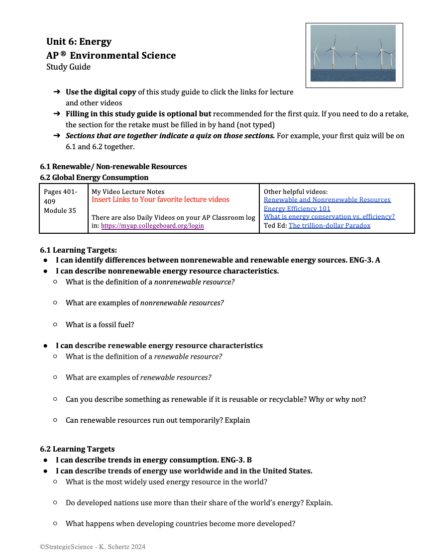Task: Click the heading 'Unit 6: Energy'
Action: (x=79, y=42)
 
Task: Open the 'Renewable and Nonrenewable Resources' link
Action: (x=327, y=200)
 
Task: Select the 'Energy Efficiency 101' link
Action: (x=297, y=208)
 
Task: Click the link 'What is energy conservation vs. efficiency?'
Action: (x=329, y=217)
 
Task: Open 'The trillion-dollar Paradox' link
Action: (x=329, y=225)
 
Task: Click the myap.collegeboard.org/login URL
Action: (x=152, y=225)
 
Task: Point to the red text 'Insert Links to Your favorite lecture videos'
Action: (x=160, y=199)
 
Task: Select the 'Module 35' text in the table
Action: (x=60, y=210)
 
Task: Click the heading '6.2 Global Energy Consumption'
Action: (x=94, y=178)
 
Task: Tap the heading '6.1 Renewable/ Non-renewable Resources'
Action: (x=113, y=167)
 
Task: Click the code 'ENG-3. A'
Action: (x=365, y=260)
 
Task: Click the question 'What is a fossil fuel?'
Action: (x=100, y=325)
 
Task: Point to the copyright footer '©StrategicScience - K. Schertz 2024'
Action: (x=93, y=547)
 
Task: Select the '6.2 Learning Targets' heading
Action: (x=77, y=449)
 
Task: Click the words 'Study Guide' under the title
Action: (x=68, y=67)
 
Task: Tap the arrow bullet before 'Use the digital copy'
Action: (x=56, y=92)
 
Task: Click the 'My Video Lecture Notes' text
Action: (x=128, y=191)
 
